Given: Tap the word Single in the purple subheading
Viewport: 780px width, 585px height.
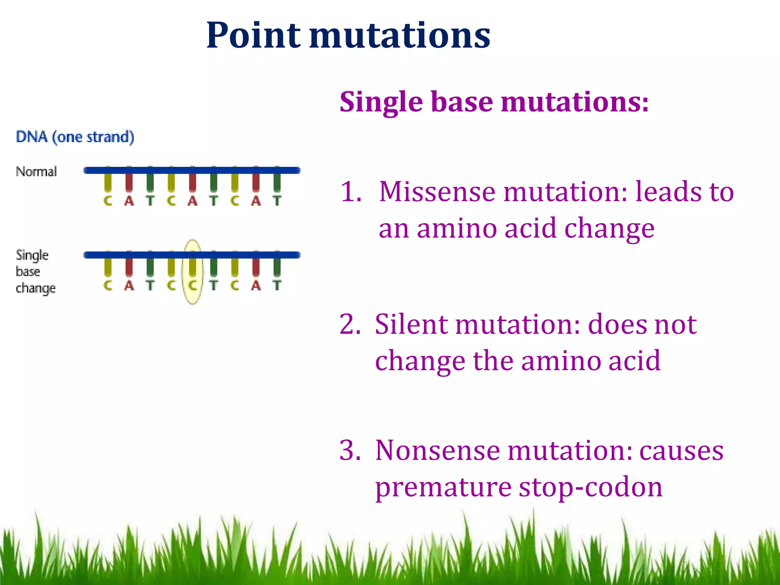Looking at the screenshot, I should click(x=381, y=102).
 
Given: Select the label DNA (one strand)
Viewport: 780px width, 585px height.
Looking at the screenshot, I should click(x=75, y=137).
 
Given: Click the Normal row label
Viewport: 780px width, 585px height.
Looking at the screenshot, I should click(x=36, y=171).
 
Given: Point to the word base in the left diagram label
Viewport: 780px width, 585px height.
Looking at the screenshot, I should click(x=28, y=271).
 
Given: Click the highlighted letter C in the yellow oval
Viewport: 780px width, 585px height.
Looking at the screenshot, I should click(x=193, y=285).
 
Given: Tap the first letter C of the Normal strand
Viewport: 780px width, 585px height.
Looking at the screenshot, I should click(x=108, y=201).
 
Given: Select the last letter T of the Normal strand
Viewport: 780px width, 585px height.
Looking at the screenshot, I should click(x=277, y=201).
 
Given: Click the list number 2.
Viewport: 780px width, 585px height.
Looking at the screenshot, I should click(x=350, y=324).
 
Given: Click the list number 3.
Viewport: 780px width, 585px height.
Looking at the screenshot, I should click(x=350, y=451).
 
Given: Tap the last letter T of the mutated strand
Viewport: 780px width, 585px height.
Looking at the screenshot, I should click(x=277, y=285).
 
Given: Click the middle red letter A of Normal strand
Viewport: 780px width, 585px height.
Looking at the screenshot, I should click(x=193, y=201).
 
